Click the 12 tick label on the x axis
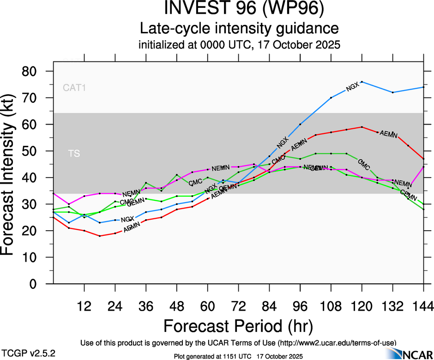(84, 306)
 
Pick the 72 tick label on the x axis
(238, 306)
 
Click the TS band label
(74, 154)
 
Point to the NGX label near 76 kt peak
(352, 86)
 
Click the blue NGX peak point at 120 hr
(362, 82)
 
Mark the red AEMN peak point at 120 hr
(362, 127)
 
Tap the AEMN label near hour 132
(388, 135)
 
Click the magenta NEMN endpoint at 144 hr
(423, 167)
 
